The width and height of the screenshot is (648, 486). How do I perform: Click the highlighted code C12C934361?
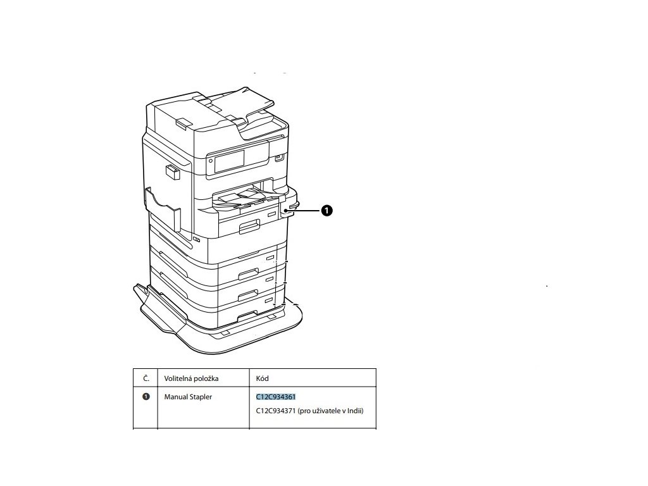(276, 397)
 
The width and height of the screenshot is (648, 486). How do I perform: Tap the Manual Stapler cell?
(188, 397)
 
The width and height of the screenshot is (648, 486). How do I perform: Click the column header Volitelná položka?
(191, 378)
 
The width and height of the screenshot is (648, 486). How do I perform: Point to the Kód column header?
(263, 378)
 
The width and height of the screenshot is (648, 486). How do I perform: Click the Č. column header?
(146, 378)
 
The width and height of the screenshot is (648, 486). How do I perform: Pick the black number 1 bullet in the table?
(146, 397)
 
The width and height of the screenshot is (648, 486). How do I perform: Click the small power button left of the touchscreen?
(210, 162)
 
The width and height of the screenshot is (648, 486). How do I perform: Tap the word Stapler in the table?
(201, 397)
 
